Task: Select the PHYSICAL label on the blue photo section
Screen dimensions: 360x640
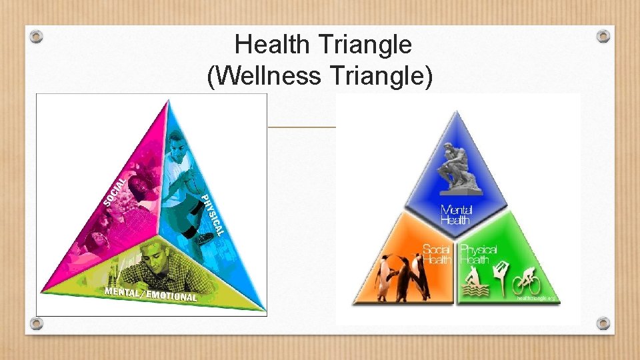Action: pyautogui.click(x=212, y=215)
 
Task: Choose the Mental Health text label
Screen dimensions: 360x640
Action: pyautogui.click(x=455, y=215)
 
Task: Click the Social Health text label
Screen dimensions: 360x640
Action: pyautogui.click(x=437, y=255)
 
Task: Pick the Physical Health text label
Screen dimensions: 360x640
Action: pyautogui.click(x=479, y=255)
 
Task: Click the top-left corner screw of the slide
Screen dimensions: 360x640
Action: pyautogui.click(x=37, y=37)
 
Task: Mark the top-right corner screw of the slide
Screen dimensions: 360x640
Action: pyautogui.click(x=603, y=36)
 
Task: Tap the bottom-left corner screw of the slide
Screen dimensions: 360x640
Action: pyautogui.click(x=37, y=323)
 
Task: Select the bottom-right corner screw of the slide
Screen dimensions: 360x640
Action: pyautogui.click(x=603, y=323)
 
